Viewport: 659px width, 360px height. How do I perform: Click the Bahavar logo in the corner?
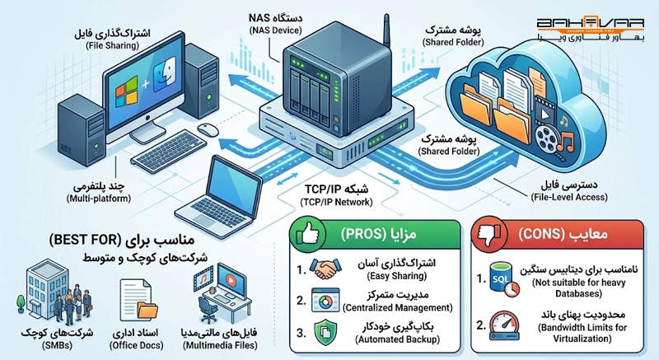pyautogui.click(x=590, y=30)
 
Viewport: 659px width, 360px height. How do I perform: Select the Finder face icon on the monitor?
pyautogui.click(x=164, y=74)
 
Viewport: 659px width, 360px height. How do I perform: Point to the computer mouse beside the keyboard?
pyautogui.click(x=208, y=129)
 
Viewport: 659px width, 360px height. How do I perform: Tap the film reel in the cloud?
pyautogui.click(x=548, y=137)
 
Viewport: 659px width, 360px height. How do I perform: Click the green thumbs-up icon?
pyautogui.click(x=307, y=235)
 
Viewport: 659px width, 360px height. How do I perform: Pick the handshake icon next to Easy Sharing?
pyautogui.click(x=325, y=269)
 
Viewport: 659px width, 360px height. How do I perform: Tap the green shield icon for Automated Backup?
pyautogui.click(x=325, y=332)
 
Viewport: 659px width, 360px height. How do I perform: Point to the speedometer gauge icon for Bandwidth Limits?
pyautogui.click(x=504, y=325)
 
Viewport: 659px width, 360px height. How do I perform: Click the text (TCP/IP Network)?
pyautogui.click(x=336, y=202)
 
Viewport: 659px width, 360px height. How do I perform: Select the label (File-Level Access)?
pyautogui.click(x=569, y=197)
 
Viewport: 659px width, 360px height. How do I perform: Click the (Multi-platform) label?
pyautogui.click(x=99, y=199)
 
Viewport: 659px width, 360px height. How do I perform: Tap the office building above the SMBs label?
pyautogui.click(x=44, y=288)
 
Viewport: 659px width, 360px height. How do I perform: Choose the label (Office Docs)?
pyautogui.click(x=136, y=345)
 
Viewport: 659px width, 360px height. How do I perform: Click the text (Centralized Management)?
pyautogui.click(x=398, y=307)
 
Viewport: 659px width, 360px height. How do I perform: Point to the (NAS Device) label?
pyautogui.click(x=275, y=30)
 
